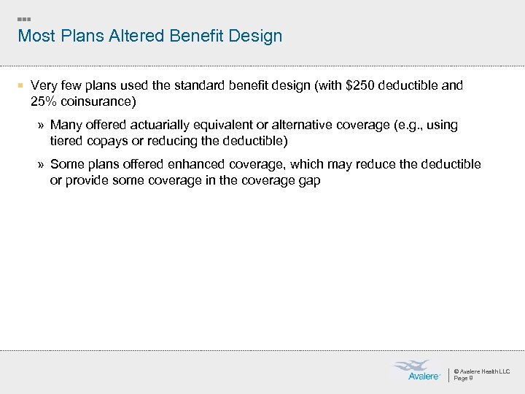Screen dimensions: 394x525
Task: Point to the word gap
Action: coord(308,179)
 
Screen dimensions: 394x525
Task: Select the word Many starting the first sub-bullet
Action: coord(66,125)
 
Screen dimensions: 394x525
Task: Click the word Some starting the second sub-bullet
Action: coord(66,164)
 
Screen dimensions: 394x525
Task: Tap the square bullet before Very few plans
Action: coord(22,86)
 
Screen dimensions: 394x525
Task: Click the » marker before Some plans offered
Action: coord(42,165)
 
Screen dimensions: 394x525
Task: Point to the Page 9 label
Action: coord(464,378)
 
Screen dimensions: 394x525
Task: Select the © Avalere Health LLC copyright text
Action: coord(481,371)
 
